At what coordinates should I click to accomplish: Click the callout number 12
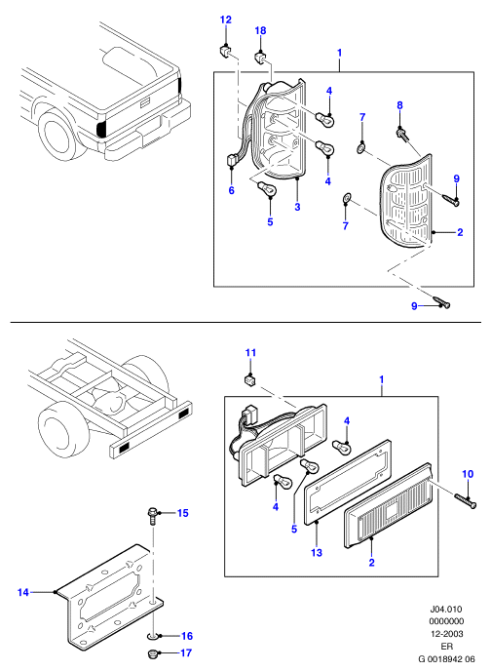pos(226,20)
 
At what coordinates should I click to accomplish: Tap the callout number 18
pos(260,30)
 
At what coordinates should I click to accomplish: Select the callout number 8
pos(399,105)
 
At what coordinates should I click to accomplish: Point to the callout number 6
pos(231,190)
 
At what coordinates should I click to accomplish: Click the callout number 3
pos(297,207)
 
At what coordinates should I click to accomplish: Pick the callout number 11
pos(250,353)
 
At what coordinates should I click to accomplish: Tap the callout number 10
pos(468,474)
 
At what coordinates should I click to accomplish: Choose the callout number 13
pos(317,552)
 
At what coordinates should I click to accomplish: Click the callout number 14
pos(23,592)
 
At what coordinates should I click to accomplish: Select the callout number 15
pos(183,513)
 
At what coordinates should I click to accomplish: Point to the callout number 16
pos(187,636)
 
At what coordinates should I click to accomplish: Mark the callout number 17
pos(186,652)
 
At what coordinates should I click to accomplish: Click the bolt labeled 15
pos(153,517)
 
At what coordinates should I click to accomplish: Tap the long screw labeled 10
pos(465,500)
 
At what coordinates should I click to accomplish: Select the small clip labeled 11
pos(250,380)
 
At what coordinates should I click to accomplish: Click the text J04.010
pos(446,609)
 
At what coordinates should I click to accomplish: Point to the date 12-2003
pos(446,634)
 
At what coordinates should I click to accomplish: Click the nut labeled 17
pos(151,653)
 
